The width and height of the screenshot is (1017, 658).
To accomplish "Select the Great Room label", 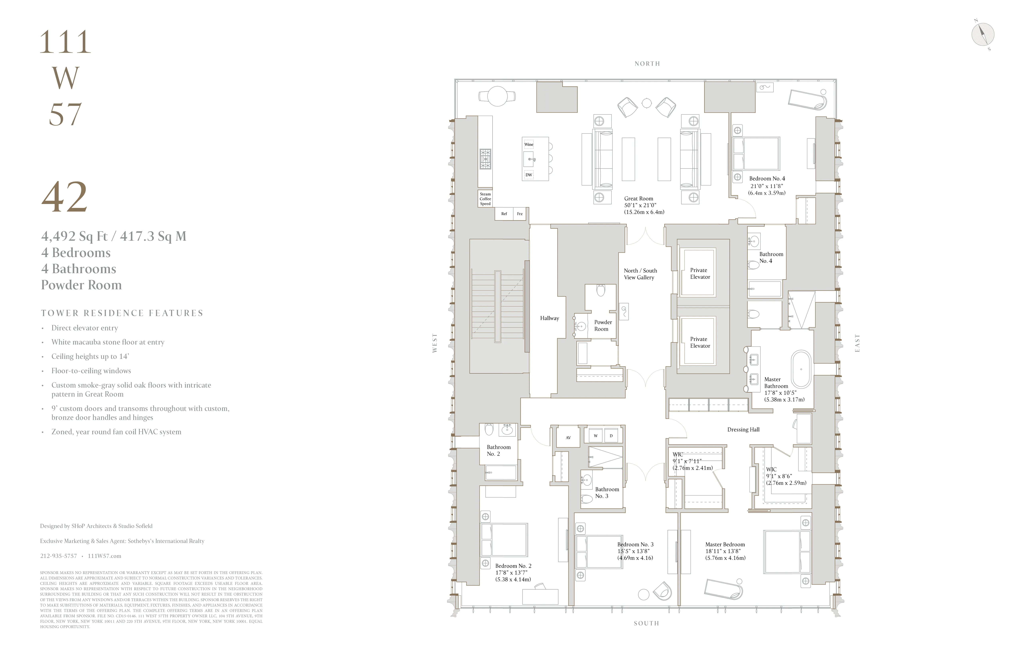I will (x=638, y=199).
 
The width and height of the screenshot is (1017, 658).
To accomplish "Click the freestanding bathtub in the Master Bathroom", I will (x=801, y=369).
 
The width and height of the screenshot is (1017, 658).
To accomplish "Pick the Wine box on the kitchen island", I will (x=529, y=144).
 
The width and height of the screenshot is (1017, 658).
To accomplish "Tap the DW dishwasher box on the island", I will (x=529, y=175).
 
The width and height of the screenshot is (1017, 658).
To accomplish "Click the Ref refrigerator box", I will (x=504, y=214).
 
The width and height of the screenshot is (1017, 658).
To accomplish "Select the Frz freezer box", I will (x=520, y=214).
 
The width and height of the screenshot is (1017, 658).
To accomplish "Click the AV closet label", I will (x=568, y=437).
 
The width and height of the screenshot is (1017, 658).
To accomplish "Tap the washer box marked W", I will (x=595, y=436).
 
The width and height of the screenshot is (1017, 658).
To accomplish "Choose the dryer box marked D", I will (x=611, y=436).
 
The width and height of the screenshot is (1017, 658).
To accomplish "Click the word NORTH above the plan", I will (x=647, y=64).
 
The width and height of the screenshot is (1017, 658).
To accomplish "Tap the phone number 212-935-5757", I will (x=59, y=556).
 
